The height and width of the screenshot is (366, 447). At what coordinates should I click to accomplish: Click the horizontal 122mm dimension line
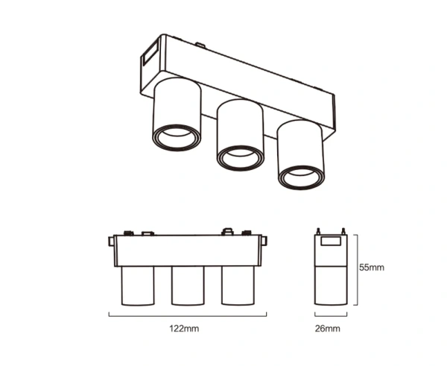click(186, 316)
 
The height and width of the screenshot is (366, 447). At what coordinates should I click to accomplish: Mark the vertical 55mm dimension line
click(358, 269)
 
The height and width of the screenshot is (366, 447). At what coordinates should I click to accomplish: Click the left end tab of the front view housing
click(111, 244)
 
